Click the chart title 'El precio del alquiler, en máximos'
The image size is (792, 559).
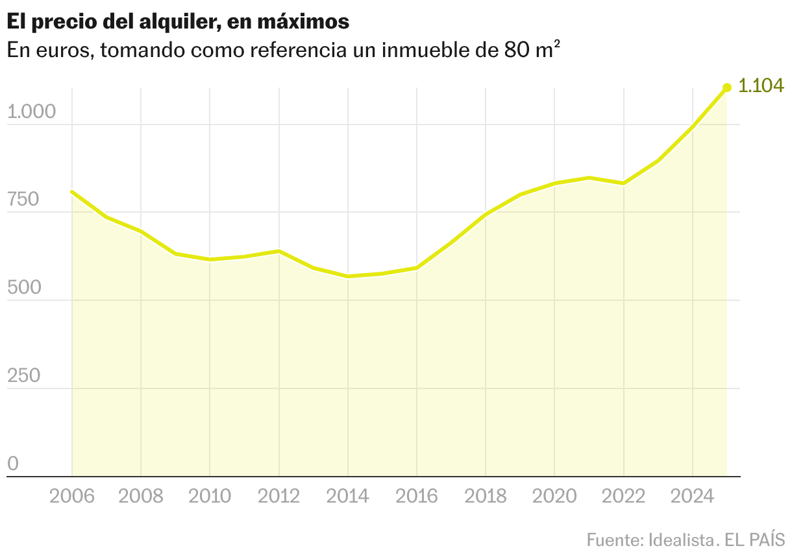pos(178,21)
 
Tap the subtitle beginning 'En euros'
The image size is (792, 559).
pos(284,51)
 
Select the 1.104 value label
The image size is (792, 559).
pos(761,86)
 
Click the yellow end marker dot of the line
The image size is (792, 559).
pos(727,88)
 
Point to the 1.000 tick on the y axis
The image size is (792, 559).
pos(32,112)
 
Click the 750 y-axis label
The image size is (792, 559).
pos(23,200)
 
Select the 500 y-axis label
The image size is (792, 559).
pos(23,288)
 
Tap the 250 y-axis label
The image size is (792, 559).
pos(23,376)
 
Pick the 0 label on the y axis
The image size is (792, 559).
pos(13,464)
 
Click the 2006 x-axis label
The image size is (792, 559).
pos(71,496)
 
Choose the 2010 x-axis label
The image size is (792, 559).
pos(210,496)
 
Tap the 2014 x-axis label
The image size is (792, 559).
pos(348,496)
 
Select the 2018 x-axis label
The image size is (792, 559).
pos(486,496)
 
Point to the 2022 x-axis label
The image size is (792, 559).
pos(624,496)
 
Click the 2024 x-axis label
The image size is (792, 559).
pos(693,496)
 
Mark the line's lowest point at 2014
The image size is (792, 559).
pos(348,276)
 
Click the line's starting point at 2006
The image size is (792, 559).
pos(71,191)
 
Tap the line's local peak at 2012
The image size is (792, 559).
pos(279,251)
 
